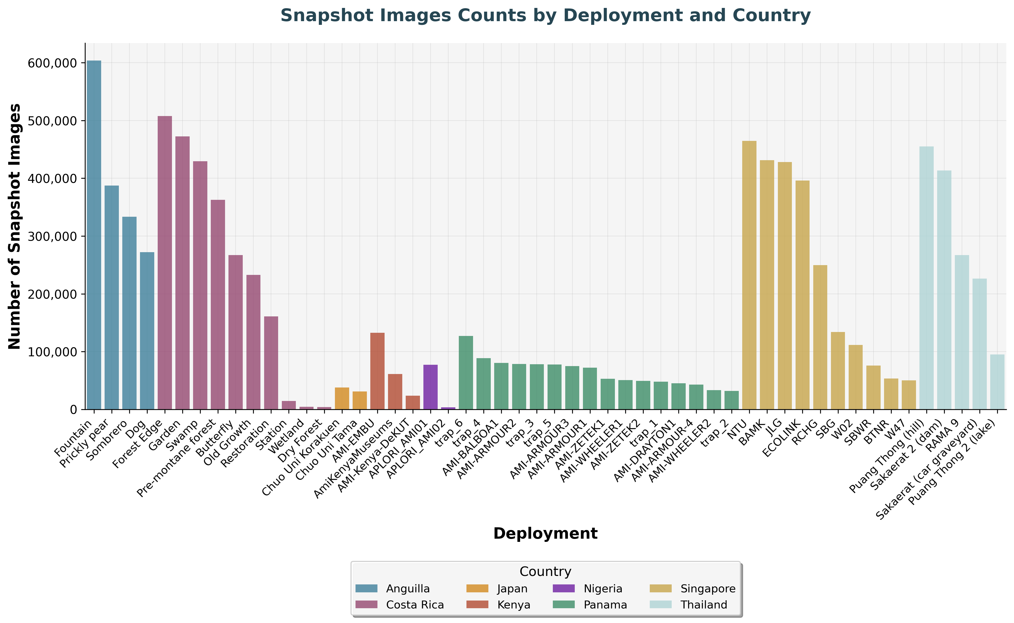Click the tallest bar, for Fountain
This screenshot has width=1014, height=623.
click(x=94, y=235)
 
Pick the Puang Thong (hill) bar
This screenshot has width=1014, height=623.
click(x=926, y=278)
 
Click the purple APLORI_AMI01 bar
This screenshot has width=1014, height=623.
click(x=430, y=387)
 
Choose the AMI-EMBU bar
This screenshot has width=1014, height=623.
click(x=377, y=371)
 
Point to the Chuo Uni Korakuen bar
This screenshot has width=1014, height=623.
click(x=342, y=398)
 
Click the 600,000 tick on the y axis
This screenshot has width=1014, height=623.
click(x=52, y=63)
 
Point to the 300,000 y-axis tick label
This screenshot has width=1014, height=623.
click(x=52, y=237)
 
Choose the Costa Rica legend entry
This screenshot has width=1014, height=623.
click(x=415, y=605)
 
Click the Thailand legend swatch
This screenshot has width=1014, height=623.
click(x=660, y=605)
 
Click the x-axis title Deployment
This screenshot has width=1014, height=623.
click(x=545, y=534)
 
